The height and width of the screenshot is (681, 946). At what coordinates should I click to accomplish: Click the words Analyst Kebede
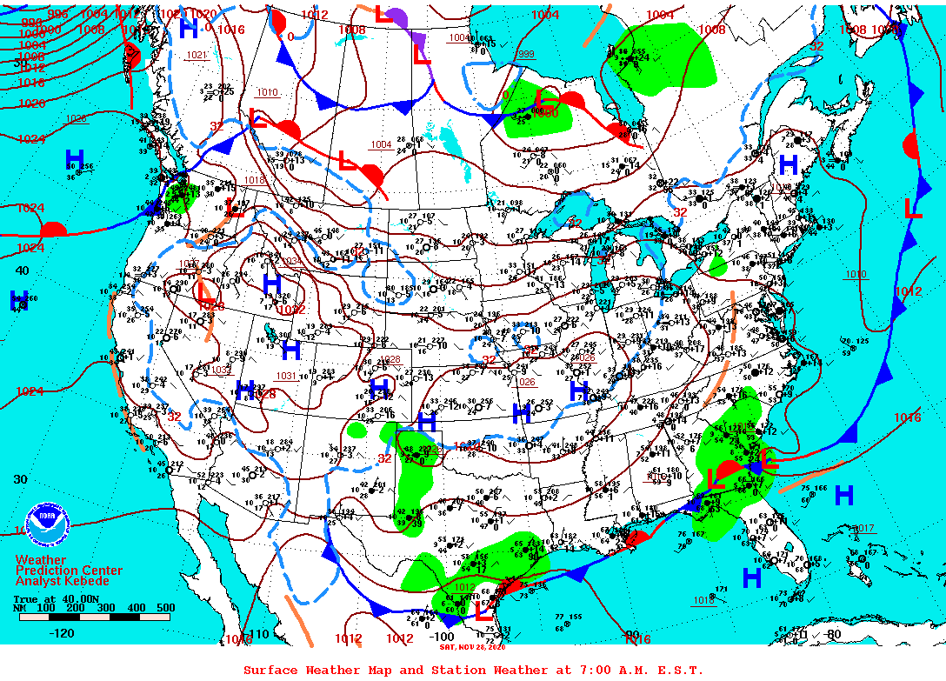coord(63,581)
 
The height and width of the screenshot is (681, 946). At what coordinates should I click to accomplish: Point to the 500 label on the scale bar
coord(165,608)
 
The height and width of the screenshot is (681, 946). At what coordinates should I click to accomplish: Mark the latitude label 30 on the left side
coord(21,479)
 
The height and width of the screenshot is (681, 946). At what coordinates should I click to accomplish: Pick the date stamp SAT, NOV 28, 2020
coord(472,646)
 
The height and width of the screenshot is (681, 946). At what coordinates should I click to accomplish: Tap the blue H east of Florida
coord(843,496)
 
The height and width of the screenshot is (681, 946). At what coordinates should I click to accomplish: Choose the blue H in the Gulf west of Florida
coord(752,577)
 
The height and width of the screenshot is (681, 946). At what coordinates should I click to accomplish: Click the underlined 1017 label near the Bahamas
coord(863,528)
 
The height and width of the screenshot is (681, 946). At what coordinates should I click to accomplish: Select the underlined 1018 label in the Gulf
coord(704,600)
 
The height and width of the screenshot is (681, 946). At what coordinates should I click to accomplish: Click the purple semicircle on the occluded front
coord(397,17)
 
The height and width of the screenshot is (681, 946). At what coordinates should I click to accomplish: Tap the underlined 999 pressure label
coord(526,54)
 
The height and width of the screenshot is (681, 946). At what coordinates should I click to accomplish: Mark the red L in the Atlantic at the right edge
coord(913,208)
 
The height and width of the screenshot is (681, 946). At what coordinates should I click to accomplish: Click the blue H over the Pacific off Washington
coord(76,159)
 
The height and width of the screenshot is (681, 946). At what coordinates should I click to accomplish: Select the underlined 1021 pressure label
coord(197,55)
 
